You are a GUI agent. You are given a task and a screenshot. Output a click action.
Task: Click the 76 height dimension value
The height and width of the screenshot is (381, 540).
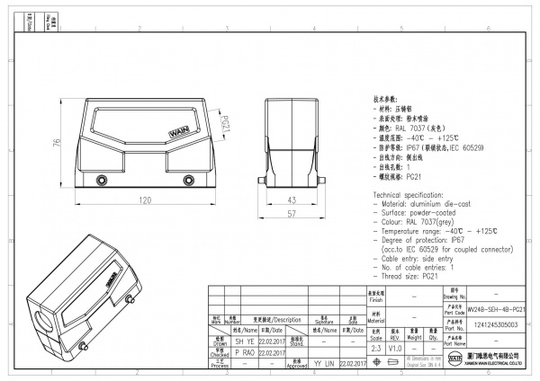[x=57, y=146]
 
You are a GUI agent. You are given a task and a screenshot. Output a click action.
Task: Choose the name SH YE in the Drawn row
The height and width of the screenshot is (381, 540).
[x=220, y=341]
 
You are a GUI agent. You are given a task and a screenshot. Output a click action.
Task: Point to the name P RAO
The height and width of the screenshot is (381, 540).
[x=220, y=352]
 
